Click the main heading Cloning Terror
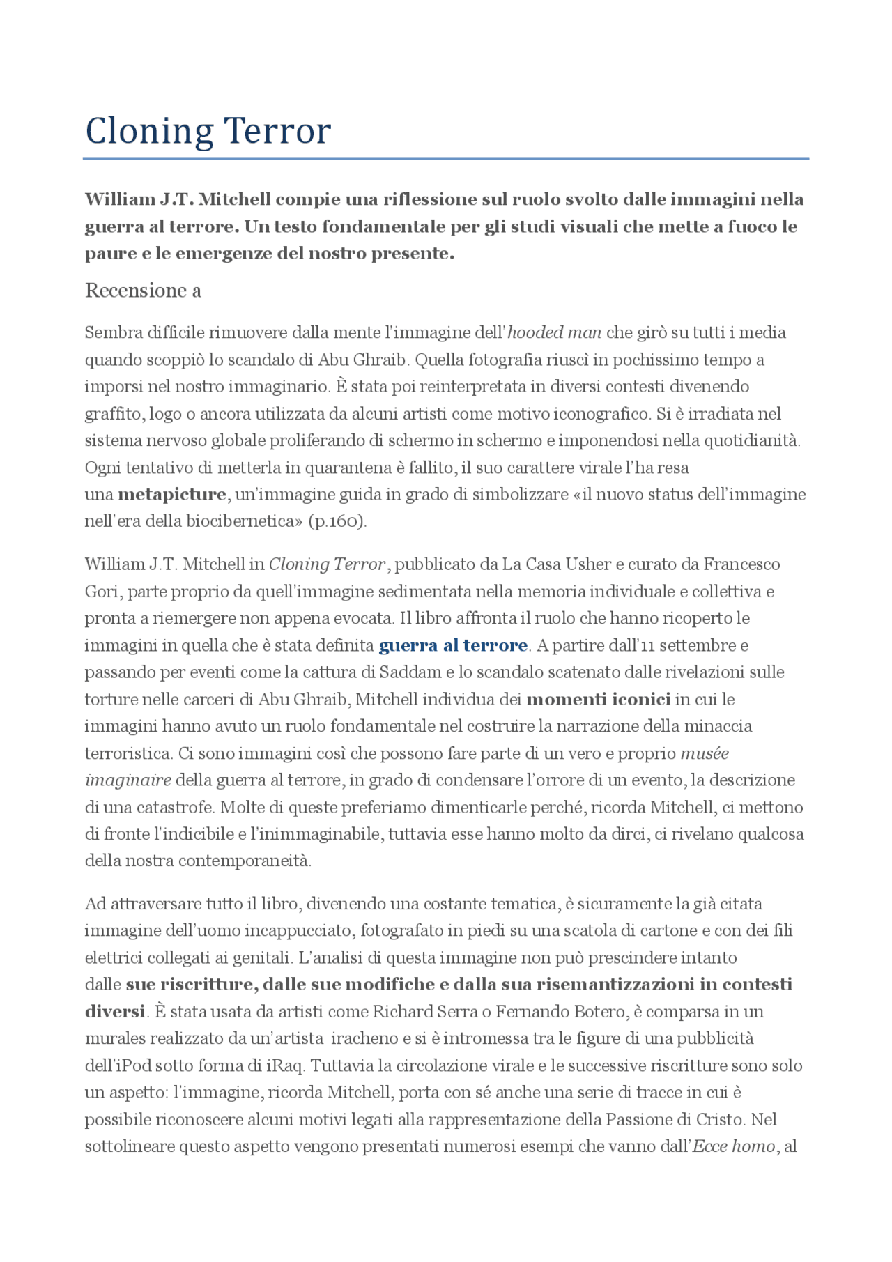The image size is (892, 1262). tap(208, 131)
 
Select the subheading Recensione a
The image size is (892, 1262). tap(143, 291)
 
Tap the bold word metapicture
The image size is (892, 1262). tap(172, 495)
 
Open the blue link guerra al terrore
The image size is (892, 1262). tap(453, 645)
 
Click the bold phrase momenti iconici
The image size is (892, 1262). tap(598, 699)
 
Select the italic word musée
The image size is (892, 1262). tap(705, 753)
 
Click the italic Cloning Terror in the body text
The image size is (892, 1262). tap(327, 564)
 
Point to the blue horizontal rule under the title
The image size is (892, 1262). tap(446, 159)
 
